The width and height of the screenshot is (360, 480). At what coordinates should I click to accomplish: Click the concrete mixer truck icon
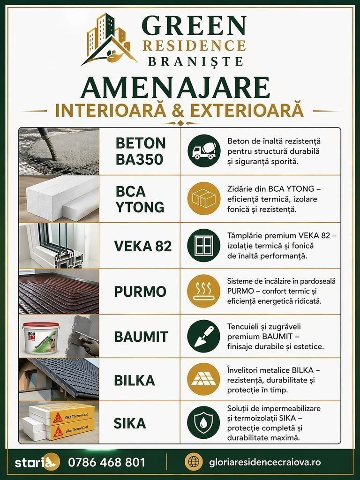[204, 150]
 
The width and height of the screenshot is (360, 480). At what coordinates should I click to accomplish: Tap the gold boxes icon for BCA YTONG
[204, 198]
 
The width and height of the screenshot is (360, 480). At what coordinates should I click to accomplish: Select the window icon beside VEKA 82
[204, 246]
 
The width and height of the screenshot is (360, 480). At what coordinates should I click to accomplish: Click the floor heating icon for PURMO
[204, 291]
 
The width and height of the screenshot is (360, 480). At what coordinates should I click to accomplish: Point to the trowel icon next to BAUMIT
[204, 336]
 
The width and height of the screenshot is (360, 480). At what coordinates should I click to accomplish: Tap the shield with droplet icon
[204, 422]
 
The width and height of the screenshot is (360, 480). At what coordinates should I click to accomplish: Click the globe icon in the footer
[194, 462]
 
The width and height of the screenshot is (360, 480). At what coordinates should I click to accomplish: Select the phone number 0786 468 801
[106, 462]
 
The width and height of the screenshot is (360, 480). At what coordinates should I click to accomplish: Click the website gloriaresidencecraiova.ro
[265, 462]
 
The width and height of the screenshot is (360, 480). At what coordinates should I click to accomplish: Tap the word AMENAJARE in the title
[175, 88]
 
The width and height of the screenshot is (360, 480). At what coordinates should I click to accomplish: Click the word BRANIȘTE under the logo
[196, 61]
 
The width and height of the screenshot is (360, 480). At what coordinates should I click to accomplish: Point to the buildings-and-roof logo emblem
[109, 39]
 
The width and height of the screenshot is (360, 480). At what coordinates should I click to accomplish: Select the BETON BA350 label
[141, 151]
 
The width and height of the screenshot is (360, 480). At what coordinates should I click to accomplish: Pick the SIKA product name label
[130, 423]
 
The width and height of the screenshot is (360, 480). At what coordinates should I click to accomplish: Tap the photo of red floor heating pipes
[59, 292]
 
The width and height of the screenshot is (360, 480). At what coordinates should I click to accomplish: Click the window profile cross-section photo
[59, 246]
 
